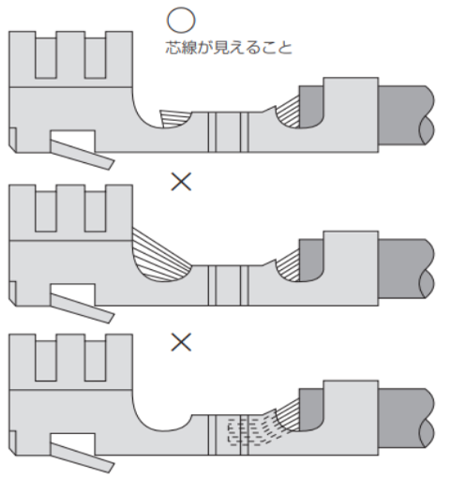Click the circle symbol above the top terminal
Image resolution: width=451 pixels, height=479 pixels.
coord(181,20)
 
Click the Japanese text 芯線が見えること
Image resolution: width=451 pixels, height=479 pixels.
coord(229,48)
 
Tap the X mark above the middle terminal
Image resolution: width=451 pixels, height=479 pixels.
coord(181,182)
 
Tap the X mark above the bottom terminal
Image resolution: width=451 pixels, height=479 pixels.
coord(181,342)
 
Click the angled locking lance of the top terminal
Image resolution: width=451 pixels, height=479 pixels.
coord(82,155)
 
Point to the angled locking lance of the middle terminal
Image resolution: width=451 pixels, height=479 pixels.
coord(82,308)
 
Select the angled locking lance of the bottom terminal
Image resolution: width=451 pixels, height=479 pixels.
coord(82,457)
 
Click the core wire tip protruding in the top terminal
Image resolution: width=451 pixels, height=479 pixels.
coord(174,118)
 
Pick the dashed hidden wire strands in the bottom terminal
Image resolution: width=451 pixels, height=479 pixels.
coord(250,430)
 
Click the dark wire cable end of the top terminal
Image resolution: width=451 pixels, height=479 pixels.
coord(406,115)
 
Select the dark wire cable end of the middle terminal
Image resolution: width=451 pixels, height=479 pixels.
coord(406,268)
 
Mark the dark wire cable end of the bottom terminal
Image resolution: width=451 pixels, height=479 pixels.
coord(406,418)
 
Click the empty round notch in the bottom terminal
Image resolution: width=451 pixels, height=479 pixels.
coord(162,423)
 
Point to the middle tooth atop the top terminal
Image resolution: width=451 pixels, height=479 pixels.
coord(70,54)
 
